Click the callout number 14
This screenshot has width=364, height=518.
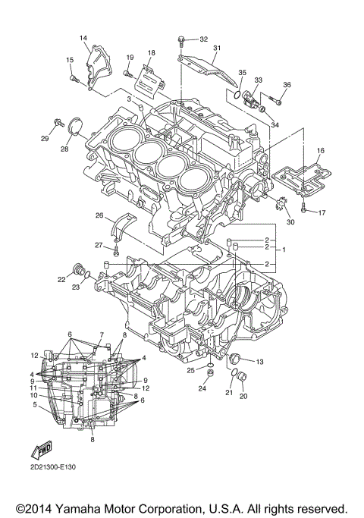(x=83, y=38)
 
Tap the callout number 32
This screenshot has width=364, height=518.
(x=203, y=39)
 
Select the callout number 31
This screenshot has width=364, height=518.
(x=216, y=49)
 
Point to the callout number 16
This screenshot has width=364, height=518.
(x=320, y=152)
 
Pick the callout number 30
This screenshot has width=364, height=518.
(x=290, y=222)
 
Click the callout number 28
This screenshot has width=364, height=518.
(x=64, y=149)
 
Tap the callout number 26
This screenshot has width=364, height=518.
(x=99, y=215)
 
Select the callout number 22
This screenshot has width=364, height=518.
(x=61, y=280)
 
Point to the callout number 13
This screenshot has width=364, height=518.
(x=259, y=360)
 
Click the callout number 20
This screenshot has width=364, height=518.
(x=243, y=396)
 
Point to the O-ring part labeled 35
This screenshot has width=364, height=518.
(x=238, y=96)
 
